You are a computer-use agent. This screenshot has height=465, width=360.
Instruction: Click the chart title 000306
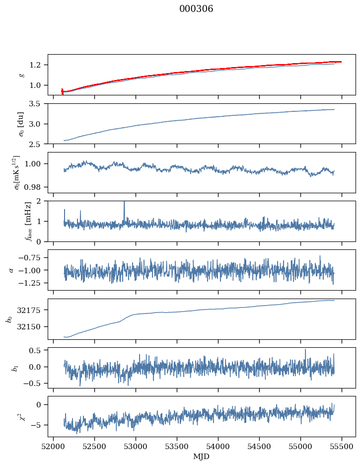click(196, 9)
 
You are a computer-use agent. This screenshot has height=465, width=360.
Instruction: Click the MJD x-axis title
click(201, 456)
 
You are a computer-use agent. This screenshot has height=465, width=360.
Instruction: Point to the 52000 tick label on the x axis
click(53, 447)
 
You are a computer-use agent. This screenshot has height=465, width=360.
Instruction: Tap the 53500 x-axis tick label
click(177, 447)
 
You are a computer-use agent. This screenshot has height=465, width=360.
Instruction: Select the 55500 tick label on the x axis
click(342, 447)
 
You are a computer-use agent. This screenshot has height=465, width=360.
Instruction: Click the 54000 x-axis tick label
click(218, 447)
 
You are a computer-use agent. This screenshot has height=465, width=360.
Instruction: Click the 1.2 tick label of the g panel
click(35, 65)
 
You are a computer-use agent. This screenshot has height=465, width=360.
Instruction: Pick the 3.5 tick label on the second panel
click(35, 104)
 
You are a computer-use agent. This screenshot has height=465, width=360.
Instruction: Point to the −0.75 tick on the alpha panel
click(30, 258)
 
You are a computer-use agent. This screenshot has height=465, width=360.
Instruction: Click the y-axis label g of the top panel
click(23, 75)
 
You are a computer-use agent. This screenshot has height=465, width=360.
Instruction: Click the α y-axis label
click(11, 270)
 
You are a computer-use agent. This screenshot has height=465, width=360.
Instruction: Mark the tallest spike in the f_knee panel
click(125, 202)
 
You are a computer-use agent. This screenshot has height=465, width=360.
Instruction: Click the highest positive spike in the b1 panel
click(305, 349)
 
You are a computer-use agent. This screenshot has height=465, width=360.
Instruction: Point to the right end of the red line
click(341, 62)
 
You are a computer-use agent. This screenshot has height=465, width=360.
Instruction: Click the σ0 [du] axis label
click(21, 124)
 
